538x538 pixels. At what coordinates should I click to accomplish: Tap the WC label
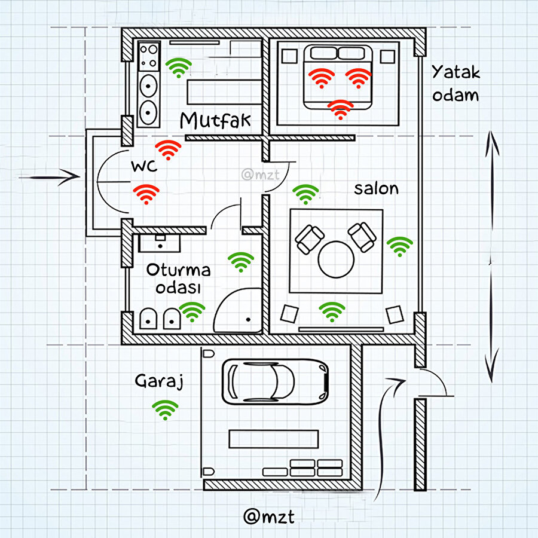(x=144, y=166)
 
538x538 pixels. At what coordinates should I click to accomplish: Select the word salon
(x=376, y=189)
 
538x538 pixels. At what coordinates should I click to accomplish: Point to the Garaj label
(x=158, y=381)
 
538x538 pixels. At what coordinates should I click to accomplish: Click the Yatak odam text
(x=456, y=83)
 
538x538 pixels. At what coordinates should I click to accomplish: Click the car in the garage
(x=276, y=380)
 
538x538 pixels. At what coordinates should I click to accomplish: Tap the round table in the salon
(x=336, y=259)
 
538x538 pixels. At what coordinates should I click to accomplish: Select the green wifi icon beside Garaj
(x=166, y=409)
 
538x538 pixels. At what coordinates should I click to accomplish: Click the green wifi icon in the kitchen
(x=179, y=68)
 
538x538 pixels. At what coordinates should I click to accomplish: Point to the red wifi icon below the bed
(x=341, y=109)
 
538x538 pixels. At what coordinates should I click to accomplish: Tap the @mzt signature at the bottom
(x=268, y=516)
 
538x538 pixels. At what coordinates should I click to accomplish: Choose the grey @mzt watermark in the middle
(x=256, y=175)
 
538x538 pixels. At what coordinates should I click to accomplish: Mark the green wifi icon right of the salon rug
(x=400, y=246)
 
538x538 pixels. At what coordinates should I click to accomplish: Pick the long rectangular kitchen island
(x=220, y=92)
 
